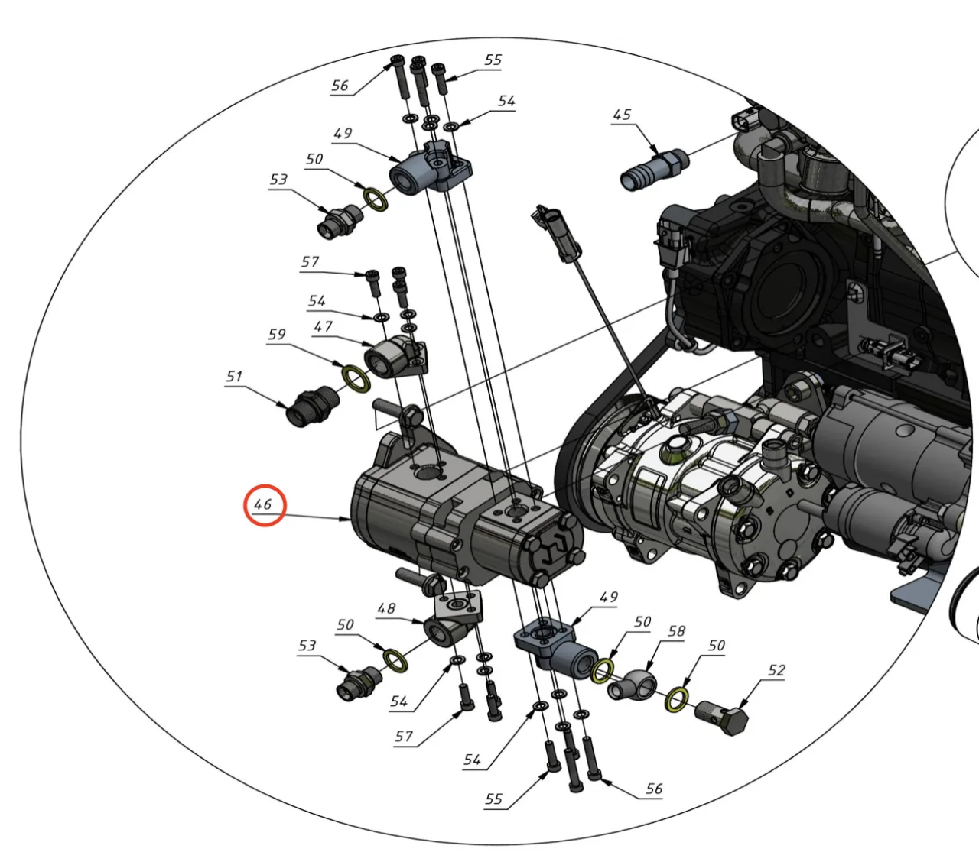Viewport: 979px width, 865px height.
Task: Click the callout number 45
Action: (x=622, y=115)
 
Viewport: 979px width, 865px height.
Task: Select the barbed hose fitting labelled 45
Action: (x=654, y=170)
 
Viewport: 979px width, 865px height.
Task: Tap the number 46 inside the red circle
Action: (x=263, y=504)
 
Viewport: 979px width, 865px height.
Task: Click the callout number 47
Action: (x=323, y=327)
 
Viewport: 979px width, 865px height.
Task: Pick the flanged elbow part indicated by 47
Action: (x=396, y=358)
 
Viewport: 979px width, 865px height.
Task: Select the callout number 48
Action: (x=386, y=609)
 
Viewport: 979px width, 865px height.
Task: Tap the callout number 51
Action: (x=234, y=376)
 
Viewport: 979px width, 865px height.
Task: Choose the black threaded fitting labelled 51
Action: (x=312, y=407)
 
